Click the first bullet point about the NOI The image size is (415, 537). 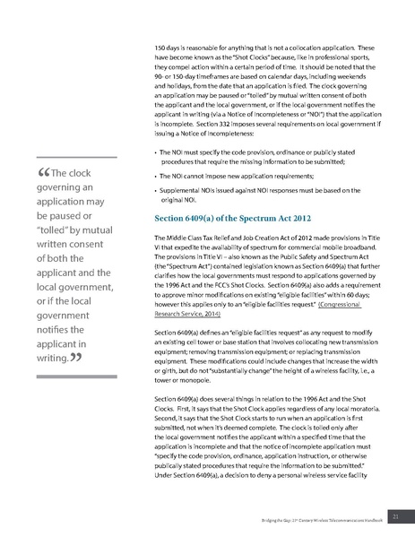pyautogui.click(x=255, y=159)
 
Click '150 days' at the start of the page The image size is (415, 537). pyautogui.click(x=168, y=47)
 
